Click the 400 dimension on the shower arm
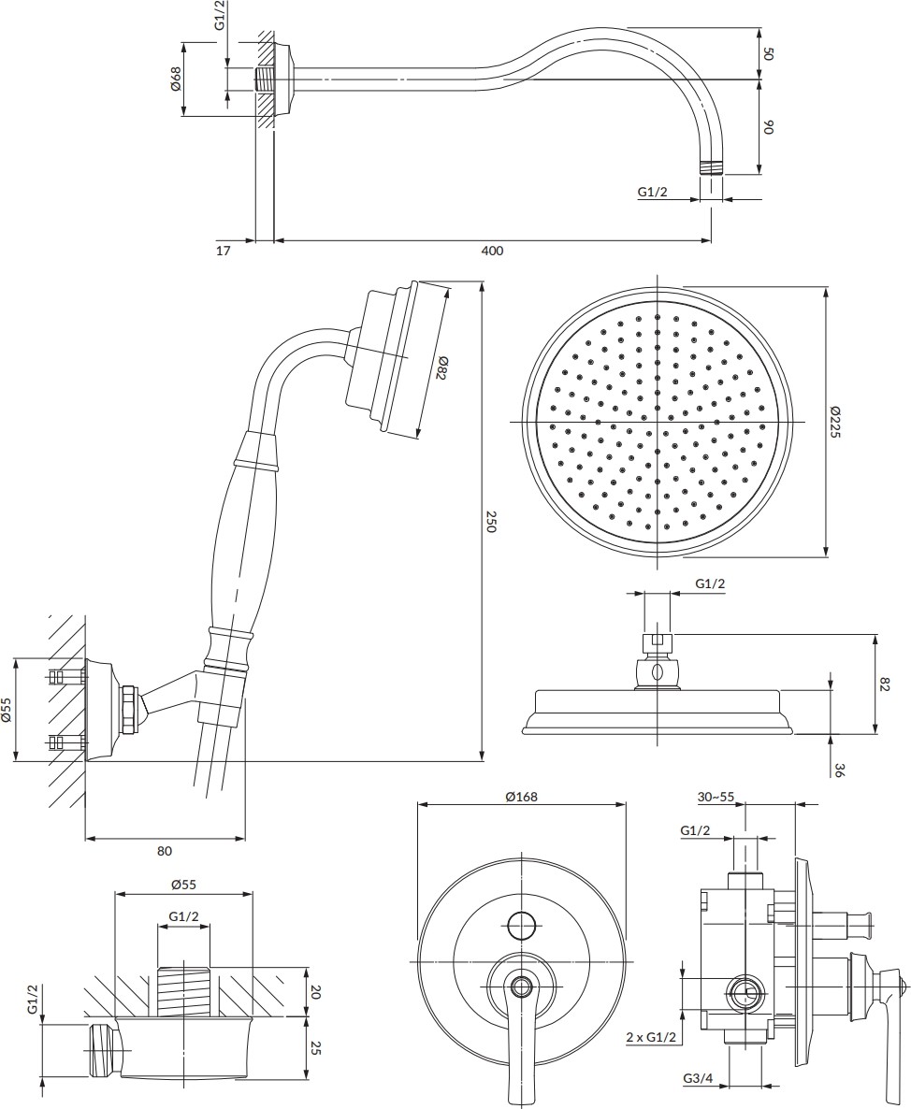492,251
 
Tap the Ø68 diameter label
176,78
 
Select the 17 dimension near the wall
223,251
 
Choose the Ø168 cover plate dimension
521,797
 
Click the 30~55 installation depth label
716,797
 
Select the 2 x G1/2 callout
651,1038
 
